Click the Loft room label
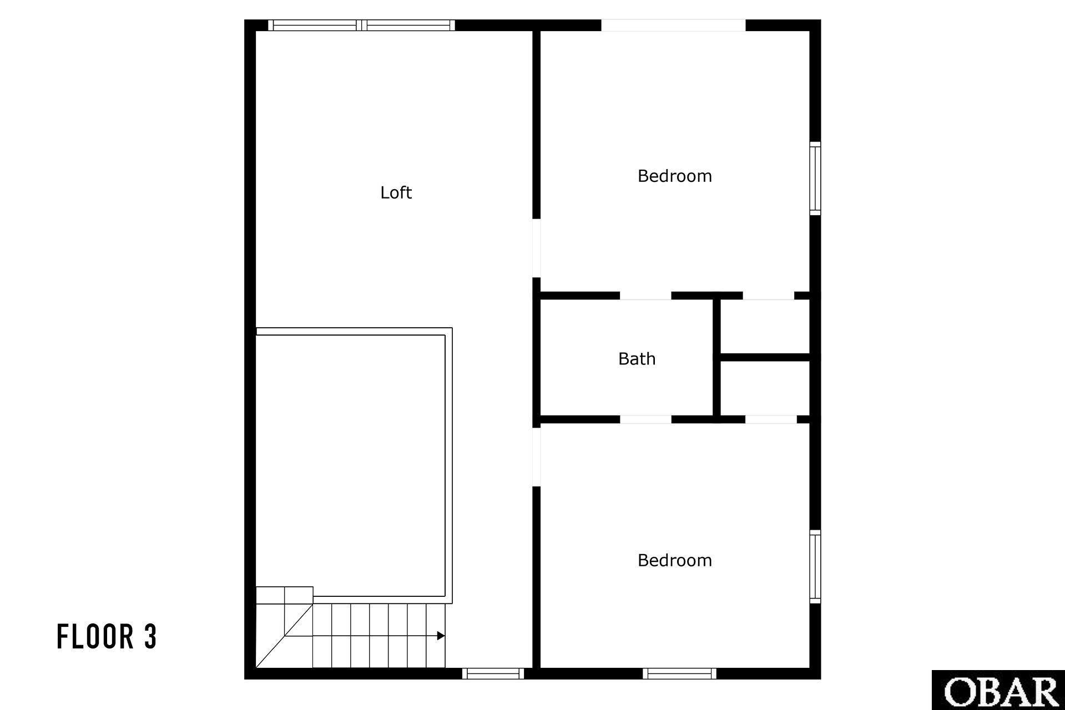396,192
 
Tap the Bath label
637,359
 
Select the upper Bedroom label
674,176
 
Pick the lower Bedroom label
674,560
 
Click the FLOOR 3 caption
107,636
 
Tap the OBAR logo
998,690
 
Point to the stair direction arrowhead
441,636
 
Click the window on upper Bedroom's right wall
815,178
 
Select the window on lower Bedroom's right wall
815,566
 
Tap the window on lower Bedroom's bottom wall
679,673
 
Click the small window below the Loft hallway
493,673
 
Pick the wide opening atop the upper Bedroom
673,26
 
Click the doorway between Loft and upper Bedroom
537,248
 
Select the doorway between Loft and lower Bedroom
537,457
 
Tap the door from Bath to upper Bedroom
645,296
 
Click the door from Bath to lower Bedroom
645,419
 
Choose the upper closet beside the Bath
765,327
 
